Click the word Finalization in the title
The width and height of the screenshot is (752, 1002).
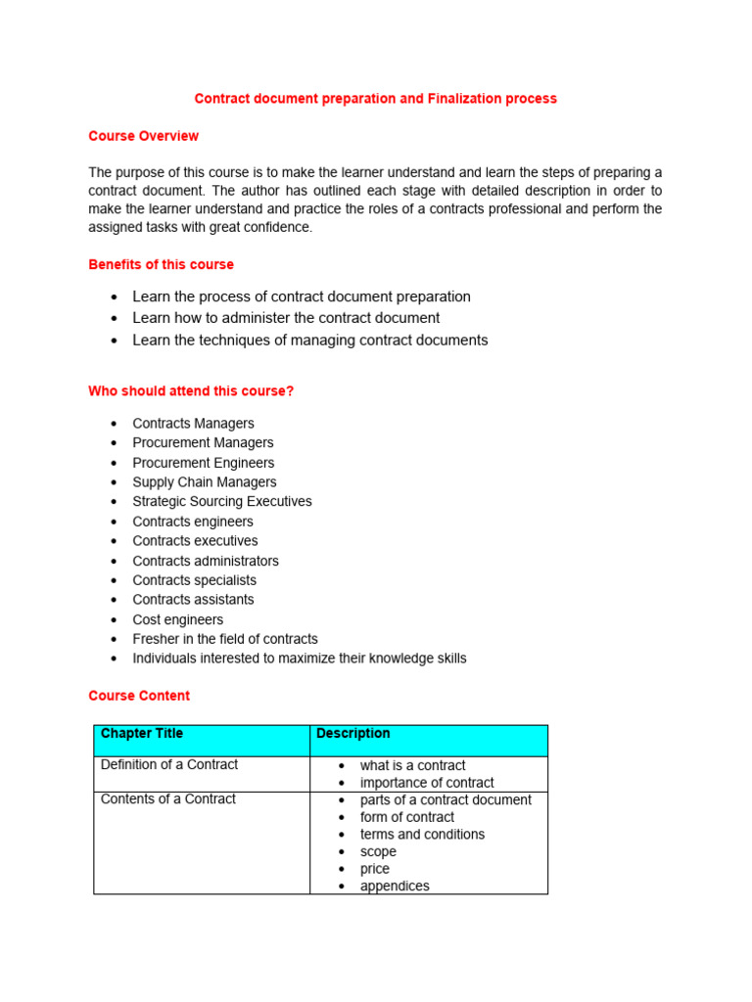[464, 99]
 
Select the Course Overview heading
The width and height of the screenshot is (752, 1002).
[143, 136]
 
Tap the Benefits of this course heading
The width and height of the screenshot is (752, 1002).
[161, 264]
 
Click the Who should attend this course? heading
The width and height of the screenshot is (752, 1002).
[191, 391]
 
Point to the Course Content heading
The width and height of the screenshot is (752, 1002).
[139, 696]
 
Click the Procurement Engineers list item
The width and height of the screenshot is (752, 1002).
[204, 463]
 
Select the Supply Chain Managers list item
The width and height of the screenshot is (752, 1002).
[205, 482]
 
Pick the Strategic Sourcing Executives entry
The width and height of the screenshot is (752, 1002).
[222, 502]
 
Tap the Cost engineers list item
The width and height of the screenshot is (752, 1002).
[178, 619]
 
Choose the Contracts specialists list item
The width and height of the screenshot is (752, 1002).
[195, 580]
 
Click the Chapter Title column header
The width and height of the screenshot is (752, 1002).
[142, 734]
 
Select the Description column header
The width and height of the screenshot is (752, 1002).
[353, 734]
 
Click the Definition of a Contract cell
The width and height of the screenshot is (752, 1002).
[169, 765]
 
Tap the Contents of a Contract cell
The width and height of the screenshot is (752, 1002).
[168, 799]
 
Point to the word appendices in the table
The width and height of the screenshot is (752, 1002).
[395, 887]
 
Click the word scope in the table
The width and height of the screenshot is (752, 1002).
[378, 852]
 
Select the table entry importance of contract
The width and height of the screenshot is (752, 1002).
[427, 783]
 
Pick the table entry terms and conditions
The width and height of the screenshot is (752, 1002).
[422, 835]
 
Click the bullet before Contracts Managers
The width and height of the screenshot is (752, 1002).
[115, 424]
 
